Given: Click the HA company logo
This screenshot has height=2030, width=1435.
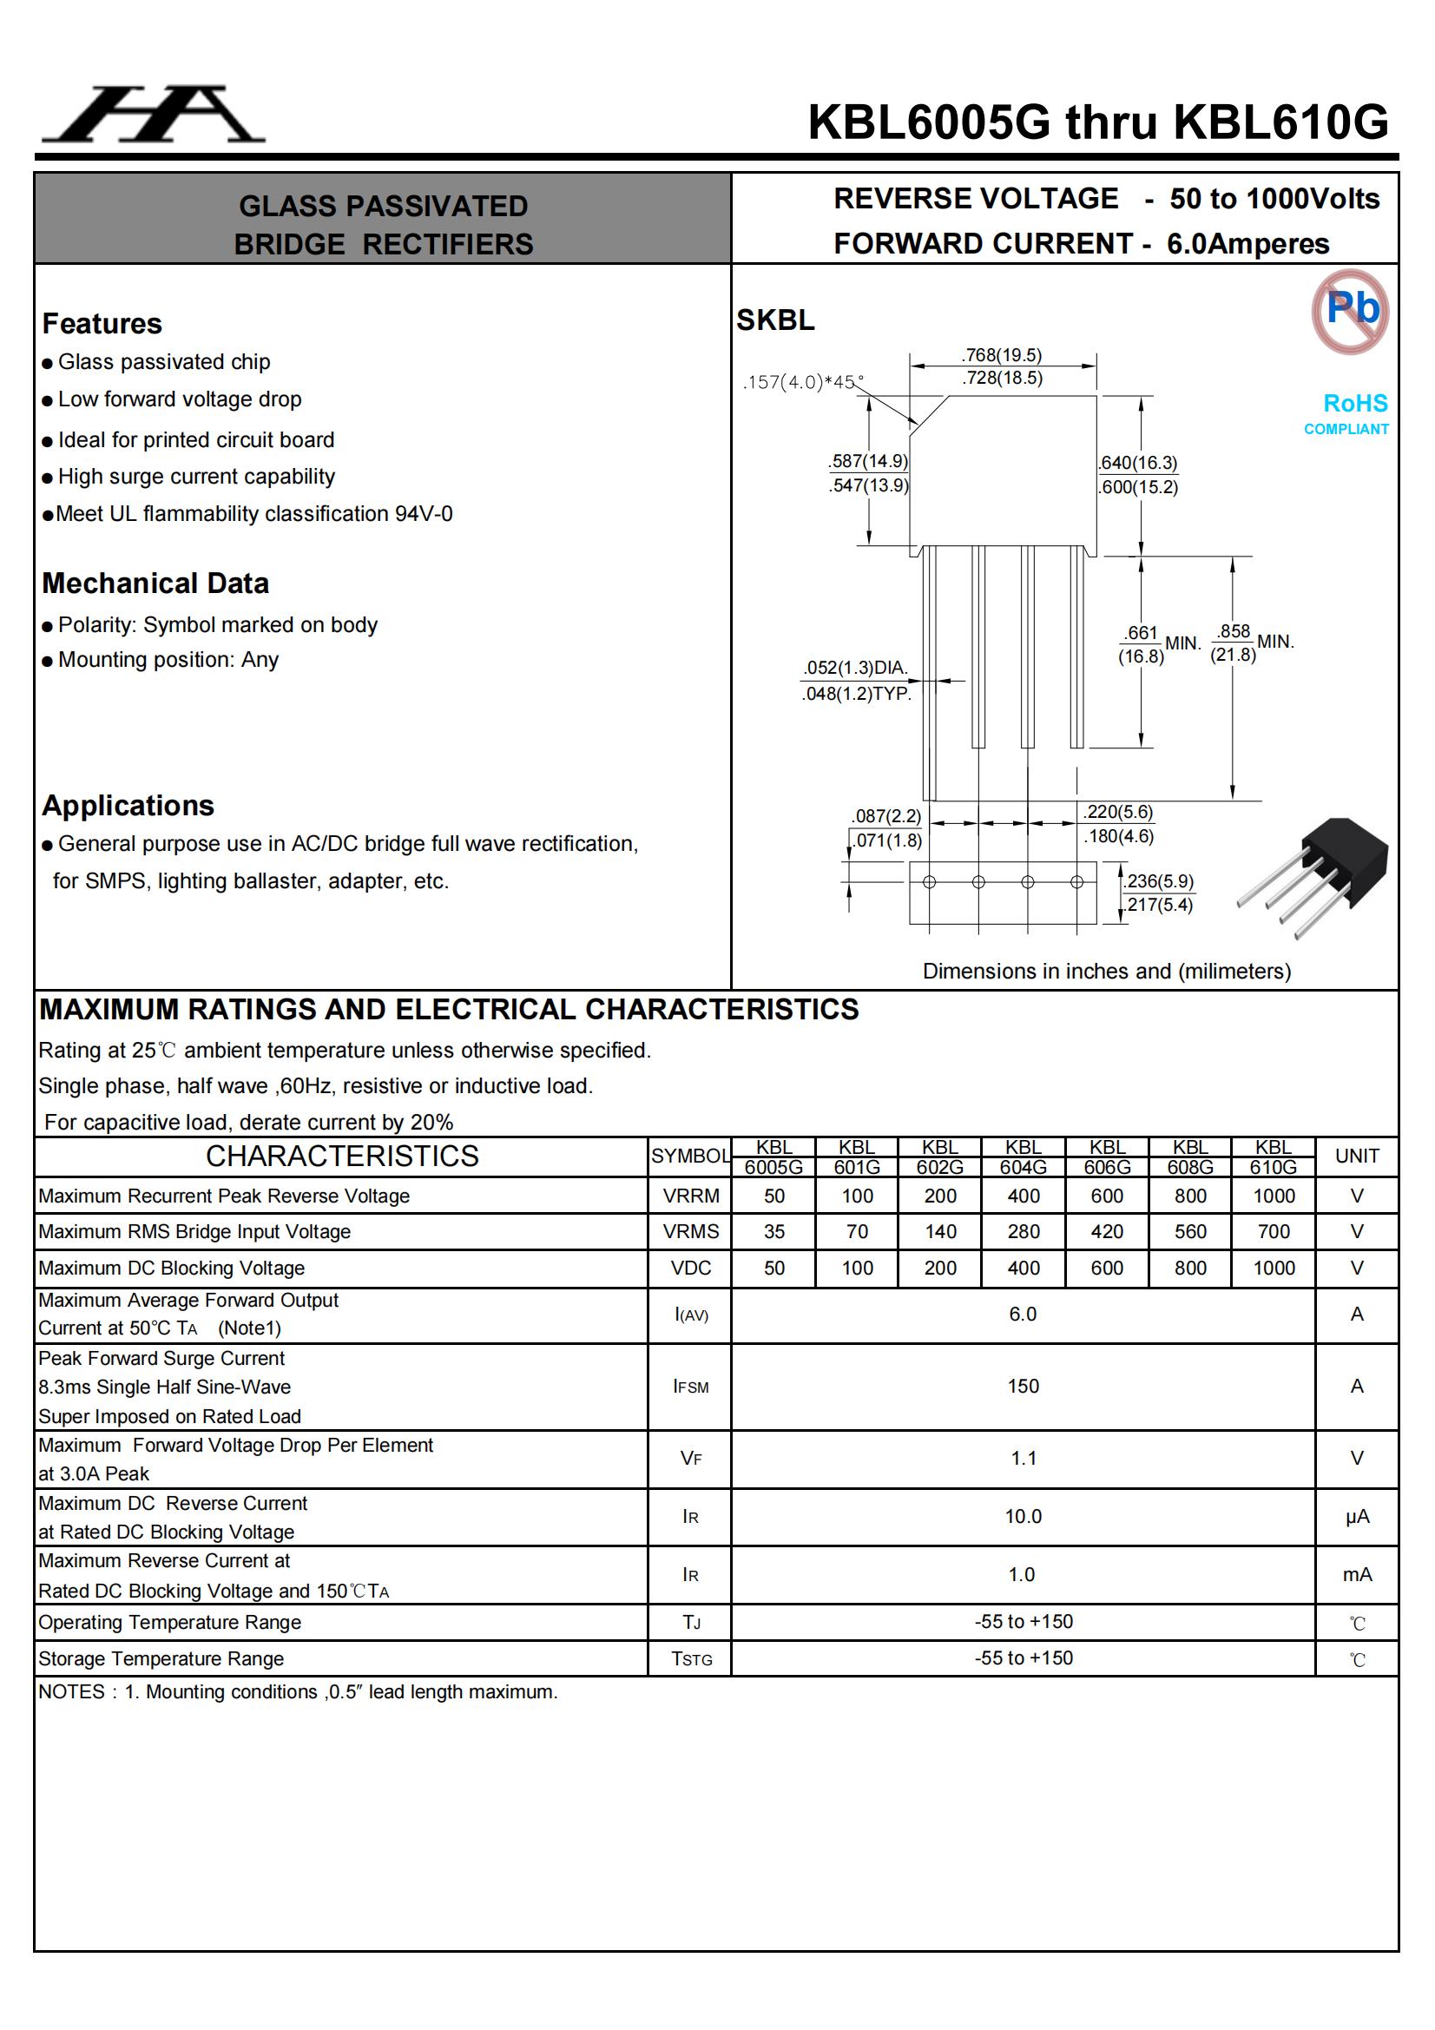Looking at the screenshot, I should (x=154, y=114).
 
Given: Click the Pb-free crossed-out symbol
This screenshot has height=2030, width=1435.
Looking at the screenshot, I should (x=1350, y=311).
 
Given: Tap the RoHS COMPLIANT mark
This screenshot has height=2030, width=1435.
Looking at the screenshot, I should (x=1346, y=414).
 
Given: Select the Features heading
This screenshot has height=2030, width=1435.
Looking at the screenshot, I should (x=102, y=324).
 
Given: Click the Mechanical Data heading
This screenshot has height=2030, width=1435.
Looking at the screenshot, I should (x=155, y=583).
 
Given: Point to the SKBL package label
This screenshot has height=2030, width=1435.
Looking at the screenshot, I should (x=775, y=320).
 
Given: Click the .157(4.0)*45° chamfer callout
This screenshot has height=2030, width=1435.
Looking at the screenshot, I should (x=802, y=382).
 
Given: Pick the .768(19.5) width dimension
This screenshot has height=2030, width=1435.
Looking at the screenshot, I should (x=1002, y=355).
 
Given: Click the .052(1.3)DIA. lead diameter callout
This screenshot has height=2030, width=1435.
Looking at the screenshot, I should (x=855, y=668).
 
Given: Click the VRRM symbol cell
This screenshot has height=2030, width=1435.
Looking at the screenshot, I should (x=690, y=1196).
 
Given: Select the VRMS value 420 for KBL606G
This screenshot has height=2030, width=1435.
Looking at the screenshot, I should (x=1106, y=1231).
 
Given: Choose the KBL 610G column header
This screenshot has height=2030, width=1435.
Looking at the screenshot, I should (x=1274, y=1157).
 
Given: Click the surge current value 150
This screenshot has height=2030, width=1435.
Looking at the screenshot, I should (x=1023, y=1387).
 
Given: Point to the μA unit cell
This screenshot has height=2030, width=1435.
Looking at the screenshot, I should (x=1356, y=1517).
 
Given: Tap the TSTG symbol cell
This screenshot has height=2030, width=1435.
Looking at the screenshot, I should (x=690, y=1658).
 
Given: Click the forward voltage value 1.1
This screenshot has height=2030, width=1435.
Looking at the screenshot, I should (x=1023, y=1458).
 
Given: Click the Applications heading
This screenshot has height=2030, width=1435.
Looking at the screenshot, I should (x=128, y=806).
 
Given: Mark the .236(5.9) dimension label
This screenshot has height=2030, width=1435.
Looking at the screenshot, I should (x=1159, y=881).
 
